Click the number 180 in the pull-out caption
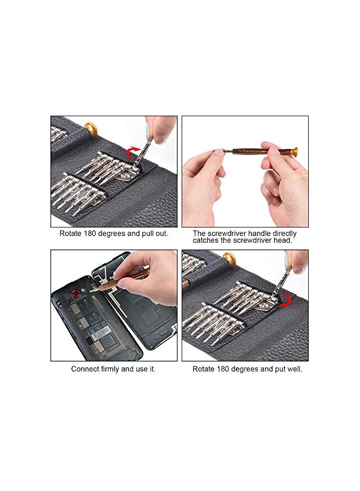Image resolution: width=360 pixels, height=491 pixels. click(x=91, y=233)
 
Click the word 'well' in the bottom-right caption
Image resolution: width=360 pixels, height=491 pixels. click(x=293, y=369)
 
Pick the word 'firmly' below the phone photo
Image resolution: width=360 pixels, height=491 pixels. click(x=112, y=369)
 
